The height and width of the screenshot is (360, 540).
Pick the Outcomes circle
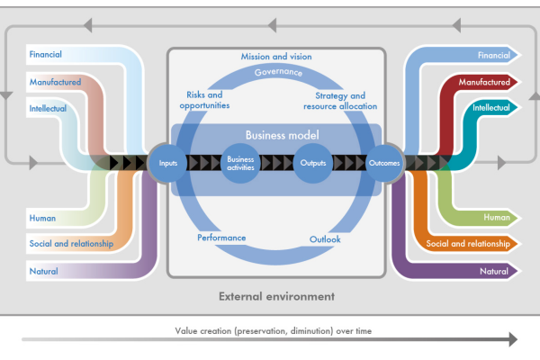384,163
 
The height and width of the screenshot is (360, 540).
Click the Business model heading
277,135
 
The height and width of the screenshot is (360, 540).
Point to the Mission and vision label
276,57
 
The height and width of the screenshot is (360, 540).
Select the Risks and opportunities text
204,100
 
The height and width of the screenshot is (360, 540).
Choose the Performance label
221,238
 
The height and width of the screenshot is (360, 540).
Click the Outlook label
325,239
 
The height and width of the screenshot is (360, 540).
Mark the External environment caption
276,295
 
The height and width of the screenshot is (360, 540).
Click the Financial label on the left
46,55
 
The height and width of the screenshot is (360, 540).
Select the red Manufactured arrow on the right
486,82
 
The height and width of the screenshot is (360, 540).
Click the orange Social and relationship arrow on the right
468,243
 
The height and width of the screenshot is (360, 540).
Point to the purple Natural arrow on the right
493,271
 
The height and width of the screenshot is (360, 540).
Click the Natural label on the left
44,269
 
